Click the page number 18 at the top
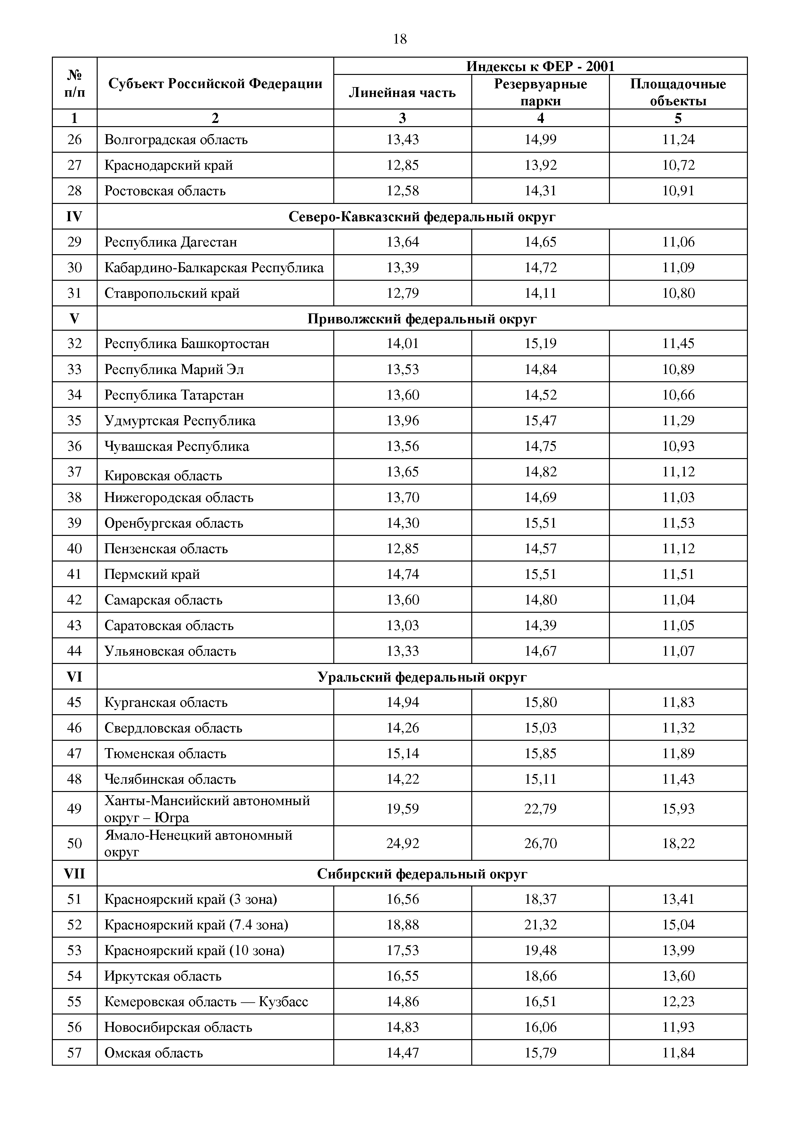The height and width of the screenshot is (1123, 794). pos(400,39)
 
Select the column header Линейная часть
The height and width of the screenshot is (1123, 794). pos(402,93)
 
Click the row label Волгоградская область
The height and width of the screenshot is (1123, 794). pos(176,140)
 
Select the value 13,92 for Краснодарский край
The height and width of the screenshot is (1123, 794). pos(540,165)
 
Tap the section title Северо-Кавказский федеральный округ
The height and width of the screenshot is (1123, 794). pos(422,217)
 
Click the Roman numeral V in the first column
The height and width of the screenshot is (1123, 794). pos(74,319)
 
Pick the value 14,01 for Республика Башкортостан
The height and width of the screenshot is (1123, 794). pos(403,343)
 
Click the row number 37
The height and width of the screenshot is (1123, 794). pos(74,472)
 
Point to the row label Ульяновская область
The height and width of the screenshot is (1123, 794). pos(170,651)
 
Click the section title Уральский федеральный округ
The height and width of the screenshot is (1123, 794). pos(422,677)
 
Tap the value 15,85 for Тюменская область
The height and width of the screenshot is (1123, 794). pos(540,754)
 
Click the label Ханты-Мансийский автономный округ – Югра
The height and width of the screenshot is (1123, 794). pos(207,809)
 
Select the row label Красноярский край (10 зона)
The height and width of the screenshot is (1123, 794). pos(194,950)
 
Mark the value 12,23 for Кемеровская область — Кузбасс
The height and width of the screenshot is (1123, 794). pos(678,1002)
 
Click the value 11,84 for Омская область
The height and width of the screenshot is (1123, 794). pos(678,1053)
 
